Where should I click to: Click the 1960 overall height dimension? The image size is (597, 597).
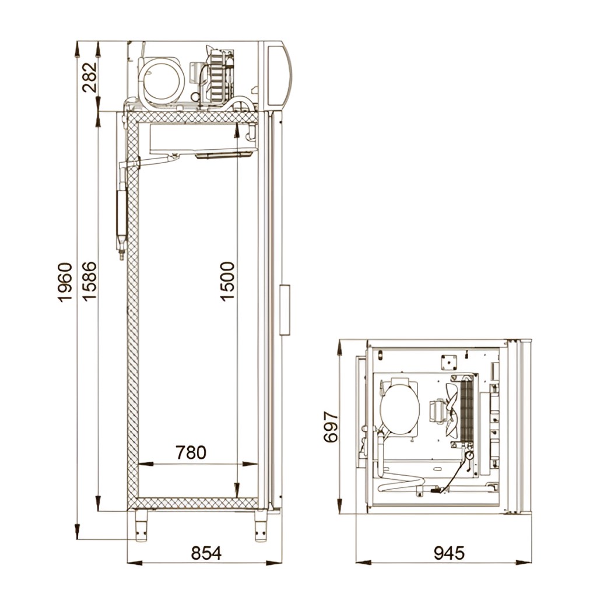[65, 282]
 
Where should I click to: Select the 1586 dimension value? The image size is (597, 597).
[89, 282]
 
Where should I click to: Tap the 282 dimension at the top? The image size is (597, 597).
[90, 78]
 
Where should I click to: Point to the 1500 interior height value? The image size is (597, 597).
[227, 282]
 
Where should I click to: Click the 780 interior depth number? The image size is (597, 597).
[191, 452]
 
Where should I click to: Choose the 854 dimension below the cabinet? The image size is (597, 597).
[206, 553]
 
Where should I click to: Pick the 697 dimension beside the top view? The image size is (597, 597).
[331, 427]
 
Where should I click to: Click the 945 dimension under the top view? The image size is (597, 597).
[449, 553]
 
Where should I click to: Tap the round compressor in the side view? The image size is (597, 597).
[161, 81]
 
